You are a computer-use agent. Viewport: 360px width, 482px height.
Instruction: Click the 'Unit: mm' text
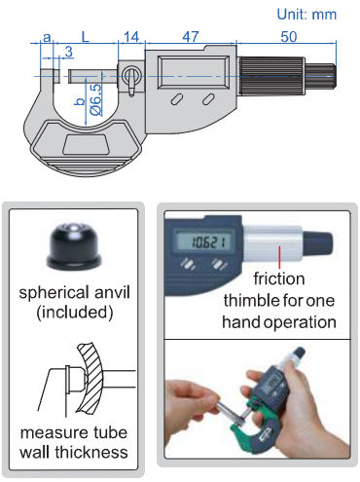click(x=306, y=15)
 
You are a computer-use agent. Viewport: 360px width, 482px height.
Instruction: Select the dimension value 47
click(x=191, y=37)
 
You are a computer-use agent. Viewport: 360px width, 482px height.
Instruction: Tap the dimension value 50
click(x=289, y=37)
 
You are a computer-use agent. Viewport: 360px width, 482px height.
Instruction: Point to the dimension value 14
click(x=131, y=37)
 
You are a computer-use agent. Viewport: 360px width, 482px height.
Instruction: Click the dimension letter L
click(x=85, y=37)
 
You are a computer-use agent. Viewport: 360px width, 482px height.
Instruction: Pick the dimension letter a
click(x=47, y=38)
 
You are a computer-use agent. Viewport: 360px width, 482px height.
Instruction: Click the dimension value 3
click(x=68, y=52)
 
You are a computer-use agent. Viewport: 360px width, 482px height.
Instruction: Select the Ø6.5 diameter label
click(x=95, y=99)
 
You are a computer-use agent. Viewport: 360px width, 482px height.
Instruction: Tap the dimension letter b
click(x=80, y=101)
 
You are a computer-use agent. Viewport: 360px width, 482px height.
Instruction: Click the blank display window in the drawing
click(x=194, y=72)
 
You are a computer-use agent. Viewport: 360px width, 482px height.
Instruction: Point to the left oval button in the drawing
click(x=176, y=99)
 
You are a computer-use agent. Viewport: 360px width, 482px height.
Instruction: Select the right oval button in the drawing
click(x=208, y=99)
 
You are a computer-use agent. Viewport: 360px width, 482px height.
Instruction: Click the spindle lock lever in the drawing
click(x=130, y=84)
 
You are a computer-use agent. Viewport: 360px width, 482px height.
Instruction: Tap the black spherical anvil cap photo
click(x=74, y=246)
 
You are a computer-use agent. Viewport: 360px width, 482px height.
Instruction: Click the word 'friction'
click(x=279, y=278)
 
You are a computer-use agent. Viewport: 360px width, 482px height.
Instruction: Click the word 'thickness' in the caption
click(x=91, y=452)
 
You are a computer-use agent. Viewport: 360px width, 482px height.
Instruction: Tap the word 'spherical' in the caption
click(x=54, y=293)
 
